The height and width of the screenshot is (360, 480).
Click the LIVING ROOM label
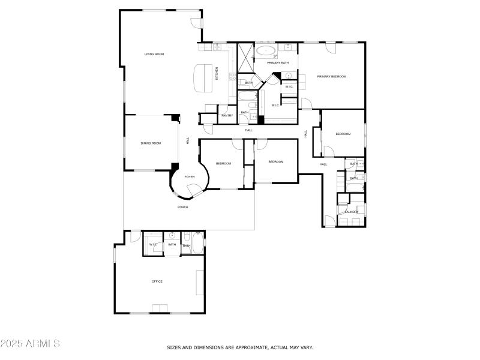(154, 54)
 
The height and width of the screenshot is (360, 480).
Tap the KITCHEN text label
(217, 73)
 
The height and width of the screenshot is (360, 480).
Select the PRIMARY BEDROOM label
(332, 76)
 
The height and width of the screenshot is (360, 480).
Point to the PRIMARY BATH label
(278, 62)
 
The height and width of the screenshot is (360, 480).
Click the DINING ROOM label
(151, 143)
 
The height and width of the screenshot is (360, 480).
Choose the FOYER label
(189, 176)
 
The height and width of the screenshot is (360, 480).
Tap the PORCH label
(182, 207)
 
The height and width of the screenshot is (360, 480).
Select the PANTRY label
(227, 115)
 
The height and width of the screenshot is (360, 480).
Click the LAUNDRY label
(351, 212)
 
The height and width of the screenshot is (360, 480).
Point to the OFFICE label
(157, 281)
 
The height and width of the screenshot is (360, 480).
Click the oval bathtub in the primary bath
(266, 50)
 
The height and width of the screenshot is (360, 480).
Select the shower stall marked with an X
(246, 56)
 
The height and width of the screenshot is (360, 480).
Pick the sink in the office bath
(172, 235)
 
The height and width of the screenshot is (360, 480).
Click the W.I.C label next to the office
(153, 244)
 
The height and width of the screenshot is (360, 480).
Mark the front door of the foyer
(195, 191)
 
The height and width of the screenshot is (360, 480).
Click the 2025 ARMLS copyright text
(30, 344)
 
